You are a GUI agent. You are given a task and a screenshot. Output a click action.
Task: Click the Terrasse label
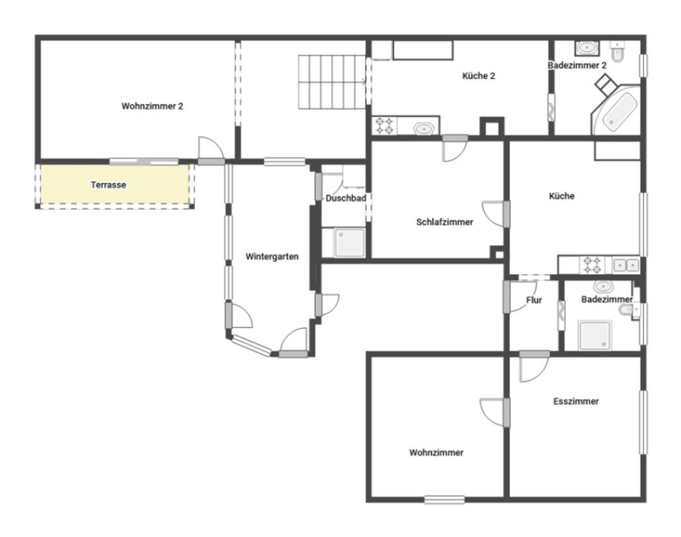click(x=109, y=185)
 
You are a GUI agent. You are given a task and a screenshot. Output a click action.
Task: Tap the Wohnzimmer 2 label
click(x=152, y=106)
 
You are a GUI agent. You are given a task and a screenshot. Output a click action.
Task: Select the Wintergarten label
click(x=272, y=257)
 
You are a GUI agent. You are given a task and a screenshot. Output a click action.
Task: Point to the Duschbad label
click(x=346, y=198)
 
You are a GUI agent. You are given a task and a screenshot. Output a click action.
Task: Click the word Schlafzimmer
click(x=445, y=222)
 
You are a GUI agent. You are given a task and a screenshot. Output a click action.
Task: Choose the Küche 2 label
click(x=479, y=76)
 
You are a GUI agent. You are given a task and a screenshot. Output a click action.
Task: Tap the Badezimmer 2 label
click(x=577, y=65)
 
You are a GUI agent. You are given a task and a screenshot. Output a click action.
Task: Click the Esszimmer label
click(x=576, y=401)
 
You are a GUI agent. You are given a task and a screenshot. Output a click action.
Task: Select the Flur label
click(x=534, y=300)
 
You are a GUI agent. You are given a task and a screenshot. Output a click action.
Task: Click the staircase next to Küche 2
click(x=332, y=82)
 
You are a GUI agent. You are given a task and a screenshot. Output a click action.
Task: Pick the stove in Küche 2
click(x=384, y=126)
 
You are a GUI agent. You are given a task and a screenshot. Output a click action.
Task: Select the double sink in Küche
click(x=626, y=265)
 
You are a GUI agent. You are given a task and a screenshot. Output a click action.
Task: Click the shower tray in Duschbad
click(x=349, y=243)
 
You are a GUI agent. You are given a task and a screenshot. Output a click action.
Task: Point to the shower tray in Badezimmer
click(x=594, y=335)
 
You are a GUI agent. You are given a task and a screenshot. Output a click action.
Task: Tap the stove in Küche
click(x=592, y=265)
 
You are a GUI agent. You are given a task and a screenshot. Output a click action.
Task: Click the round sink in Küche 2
click(x=423, y=129)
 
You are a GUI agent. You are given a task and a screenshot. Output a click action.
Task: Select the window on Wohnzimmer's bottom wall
click(x=445, y=500)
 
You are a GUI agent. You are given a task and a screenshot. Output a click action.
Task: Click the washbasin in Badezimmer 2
click(x=587, y=48)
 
